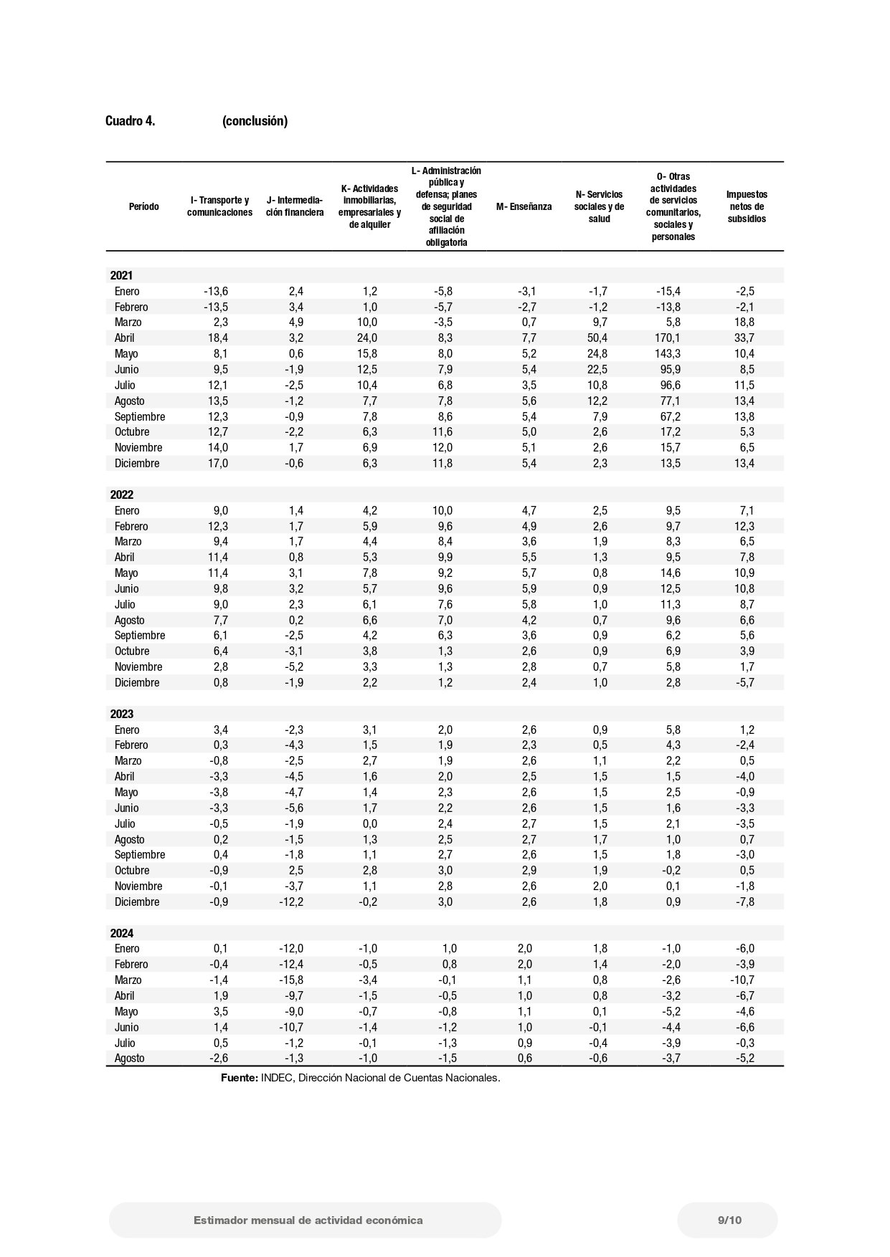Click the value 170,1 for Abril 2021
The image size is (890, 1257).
coord(668,338)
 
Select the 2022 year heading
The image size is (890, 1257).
coord(121,494)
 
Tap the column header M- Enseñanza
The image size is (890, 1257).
coord(524,207)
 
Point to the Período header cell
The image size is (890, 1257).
coord(143,207)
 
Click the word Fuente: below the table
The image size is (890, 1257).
coord(239,1078)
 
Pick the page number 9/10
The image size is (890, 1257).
coord(729,1220)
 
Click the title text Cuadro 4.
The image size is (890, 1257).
coord(130,121)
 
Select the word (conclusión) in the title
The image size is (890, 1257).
coord(255,121)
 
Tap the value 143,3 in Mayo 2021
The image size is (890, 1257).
coord(668,354)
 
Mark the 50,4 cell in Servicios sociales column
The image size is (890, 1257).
coord(597,338)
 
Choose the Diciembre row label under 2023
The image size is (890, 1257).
coord(136,902)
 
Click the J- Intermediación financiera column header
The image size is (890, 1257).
coord(295,206)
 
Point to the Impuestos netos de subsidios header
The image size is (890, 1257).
coord(747,206)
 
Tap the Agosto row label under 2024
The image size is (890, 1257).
coord(129,1058)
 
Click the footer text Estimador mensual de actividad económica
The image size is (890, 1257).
coord(308,1220)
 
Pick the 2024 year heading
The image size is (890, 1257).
coord(121,933)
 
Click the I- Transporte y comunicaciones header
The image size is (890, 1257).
coord(219,206)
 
